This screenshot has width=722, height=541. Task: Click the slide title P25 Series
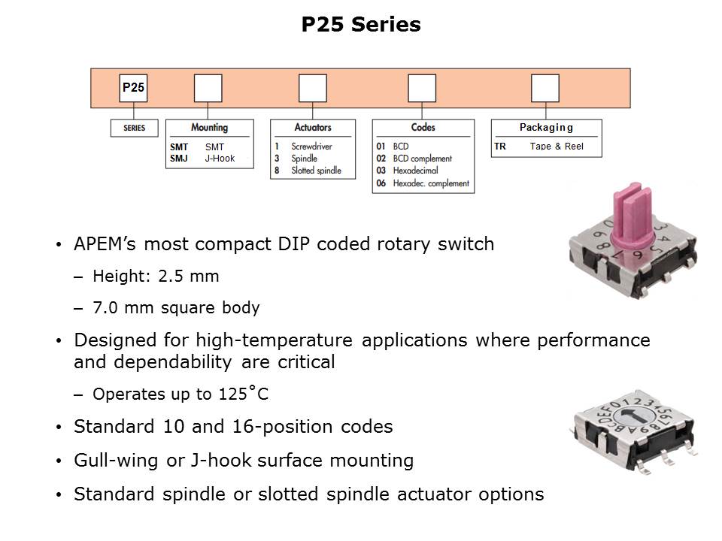(x=361, y=25)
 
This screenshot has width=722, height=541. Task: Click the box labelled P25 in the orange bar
(x=133, y=88)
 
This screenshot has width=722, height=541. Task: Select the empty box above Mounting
(x=208, y=88)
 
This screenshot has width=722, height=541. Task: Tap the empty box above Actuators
(x=312, y=88)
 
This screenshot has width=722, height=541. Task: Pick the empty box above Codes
(x=422, y=88)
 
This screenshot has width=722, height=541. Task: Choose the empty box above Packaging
(x=545, y=88)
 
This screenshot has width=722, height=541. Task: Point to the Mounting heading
(x=209, y=128)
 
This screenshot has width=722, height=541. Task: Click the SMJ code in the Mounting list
(x=179, y=159)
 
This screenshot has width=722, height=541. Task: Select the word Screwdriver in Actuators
(x=311, y=147)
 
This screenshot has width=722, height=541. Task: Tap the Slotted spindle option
(x=316, y=171)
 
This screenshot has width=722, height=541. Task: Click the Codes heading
(x=423, y=128)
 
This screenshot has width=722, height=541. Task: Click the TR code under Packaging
(x=500, y=147)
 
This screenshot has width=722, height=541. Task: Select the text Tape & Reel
(x=557, y=147)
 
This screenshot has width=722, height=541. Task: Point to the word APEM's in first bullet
(x=106, y=244)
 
